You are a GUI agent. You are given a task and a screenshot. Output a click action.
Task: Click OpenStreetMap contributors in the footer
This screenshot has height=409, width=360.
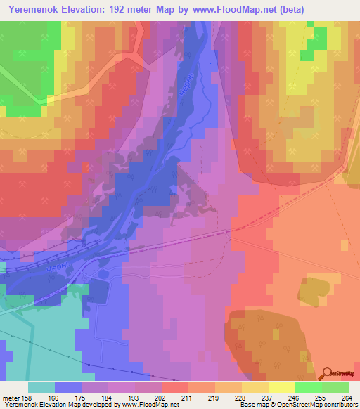[x=321, y=405]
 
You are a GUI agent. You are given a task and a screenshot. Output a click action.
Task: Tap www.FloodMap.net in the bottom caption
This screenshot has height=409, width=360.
[x=150, y=405]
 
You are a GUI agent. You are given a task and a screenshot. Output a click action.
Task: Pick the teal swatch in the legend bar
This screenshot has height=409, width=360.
[x=41, y=387]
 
